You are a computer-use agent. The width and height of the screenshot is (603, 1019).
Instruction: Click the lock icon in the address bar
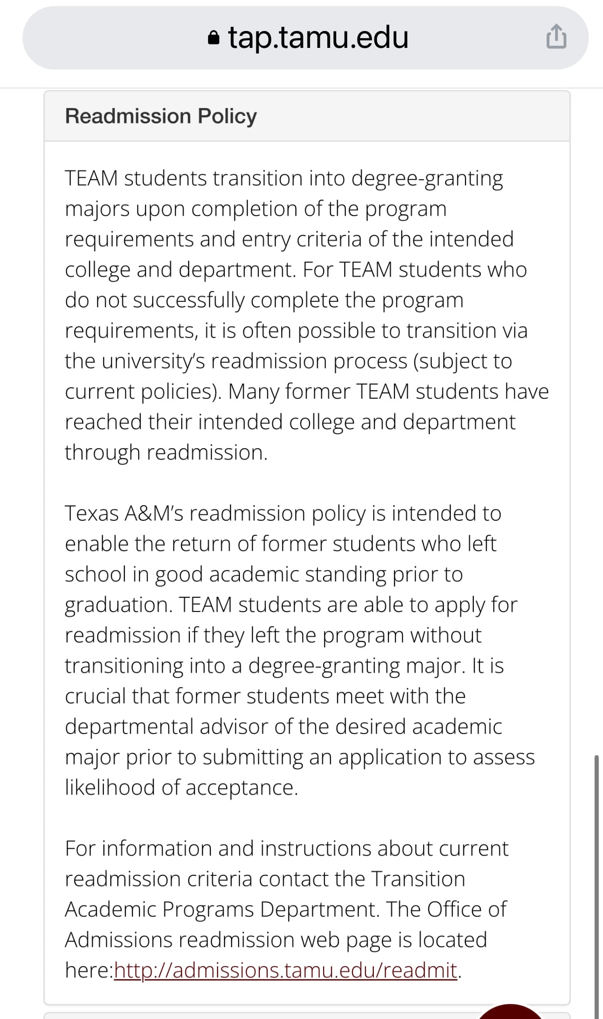point(213,38)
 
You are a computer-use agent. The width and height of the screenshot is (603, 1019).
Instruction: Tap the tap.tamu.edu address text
point(318,38)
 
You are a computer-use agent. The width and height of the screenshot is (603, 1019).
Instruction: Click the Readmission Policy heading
point(161,116)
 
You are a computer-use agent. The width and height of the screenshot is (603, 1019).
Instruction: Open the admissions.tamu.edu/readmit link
point(286,970)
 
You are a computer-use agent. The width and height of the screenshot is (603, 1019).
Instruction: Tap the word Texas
point(92,513)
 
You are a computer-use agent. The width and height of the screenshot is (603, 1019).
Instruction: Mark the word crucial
point(95,696)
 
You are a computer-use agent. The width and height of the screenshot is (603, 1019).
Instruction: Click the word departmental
point(129,726)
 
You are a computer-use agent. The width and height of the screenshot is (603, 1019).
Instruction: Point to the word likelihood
point(110,787)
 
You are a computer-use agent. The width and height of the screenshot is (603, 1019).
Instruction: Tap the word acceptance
point(241,787)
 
